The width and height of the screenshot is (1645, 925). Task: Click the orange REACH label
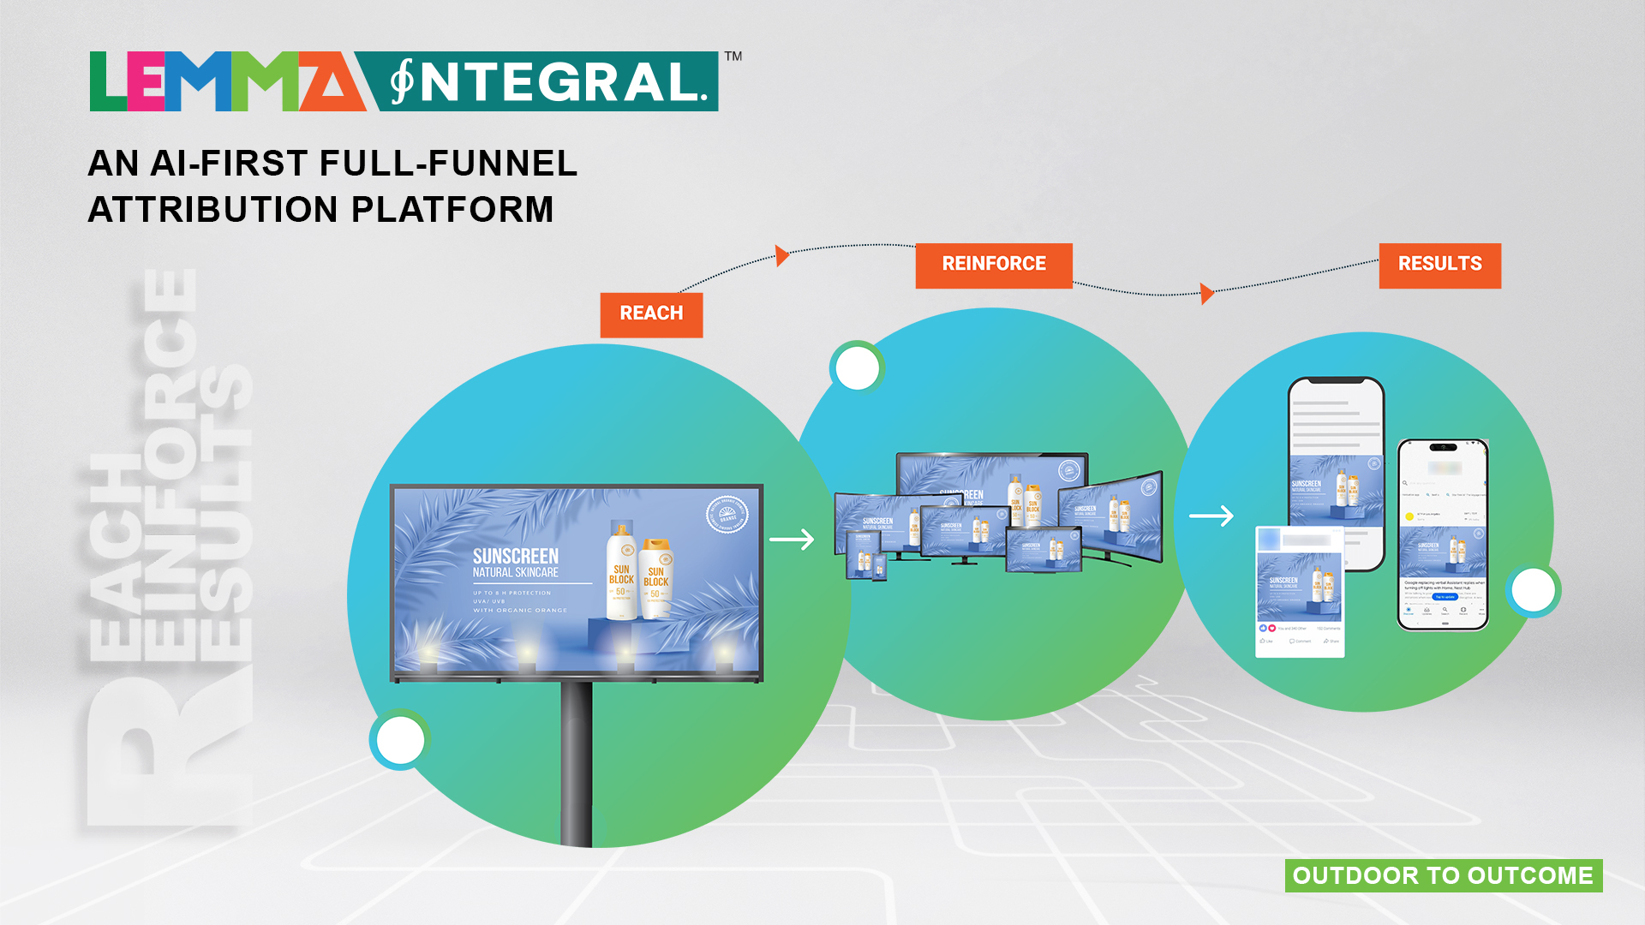pyautogui.click(x=651, y=314)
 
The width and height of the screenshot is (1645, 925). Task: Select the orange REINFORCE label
pyautogui.click(x=993, y=265)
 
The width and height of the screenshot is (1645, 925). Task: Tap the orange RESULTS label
pyautogui.click(x=1439, y=265)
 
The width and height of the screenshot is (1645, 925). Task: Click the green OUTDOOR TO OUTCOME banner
pyautogui.click(x=1443, y=875)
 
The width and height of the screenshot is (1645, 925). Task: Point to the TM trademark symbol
pyautogui.click(x=733, y=57)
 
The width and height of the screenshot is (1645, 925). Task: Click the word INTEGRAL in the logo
pyautogui.click(x=548, y=82)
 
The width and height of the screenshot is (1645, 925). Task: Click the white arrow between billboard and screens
pyautogui.click(x=791, y=540)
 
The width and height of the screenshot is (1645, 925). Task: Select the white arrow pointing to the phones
pyautogui.click(x=1211, y=516)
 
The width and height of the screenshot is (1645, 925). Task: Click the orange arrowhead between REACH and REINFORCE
pyautogui.click(x=781, y=255)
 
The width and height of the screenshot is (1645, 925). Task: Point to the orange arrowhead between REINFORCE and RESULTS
pyautogui.click(x=1206, y=294)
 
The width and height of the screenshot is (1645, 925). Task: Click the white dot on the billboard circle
pyautogui.click(x=400, y=740)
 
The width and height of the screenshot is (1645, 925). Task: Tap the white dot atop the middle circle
pyautogui.click(x=857, y=368)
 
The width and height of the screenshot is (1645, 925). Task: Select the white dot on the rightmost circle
pyautogui.click(x=1533, y=590)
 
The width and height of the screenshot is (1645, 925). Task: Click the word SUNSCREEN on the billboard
pyautogui.click(x=516, y=557)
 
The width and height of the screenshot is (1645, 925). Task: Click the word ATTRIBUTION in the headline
pyautogui.click(x=214, y=211)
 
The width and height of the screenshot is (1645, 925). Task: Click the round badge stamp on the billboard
pyautogui.click(x=727, y=516)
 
